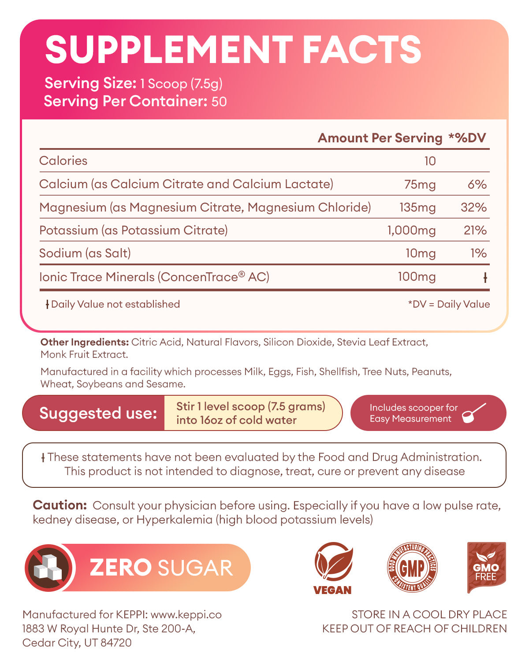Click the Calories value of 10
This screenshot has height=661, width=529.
[x=430, y=161]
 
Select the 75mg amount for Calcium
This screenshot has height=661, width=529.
[x=420, y=184]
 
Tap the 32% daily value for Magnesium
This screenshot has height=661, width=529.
[x=473, y=207]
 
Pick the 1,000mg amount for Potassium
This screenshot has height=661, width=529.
[x=411, y=230]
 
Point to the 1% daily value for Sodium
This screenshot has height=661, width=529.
[x=478, y=253]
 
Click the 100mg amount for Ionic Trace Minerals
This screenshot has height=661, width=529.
[x=417, y=277]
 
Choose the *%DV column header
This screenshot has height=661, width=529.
[x=467, y=138]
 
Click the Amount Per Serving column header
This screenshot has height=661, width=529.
[x=380, y=138]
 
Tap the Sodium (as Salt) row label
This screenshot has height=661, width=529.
[x=85, y=253]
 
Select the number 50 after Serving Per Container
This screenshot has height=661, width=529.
[x=219, y=102]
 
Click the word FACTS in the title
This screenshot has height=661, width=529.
[x=362, y=49]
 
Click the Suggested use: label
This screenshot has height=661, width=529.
[x=98, y=413]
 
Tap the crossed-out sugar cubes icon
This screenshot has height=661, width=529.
[x=48, y=568]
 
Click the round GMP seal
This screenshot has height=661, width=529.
[x=412, y=567]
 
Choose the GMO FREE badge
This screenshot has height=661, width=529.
[x=486, y=568]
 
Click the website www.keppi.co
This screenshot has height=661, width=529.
[x=186, y=614]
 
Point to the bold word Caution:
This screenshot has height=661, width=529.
[x=60, y=505]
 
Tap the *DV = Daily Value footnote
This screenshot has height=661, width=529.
[x=449, y=304]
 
